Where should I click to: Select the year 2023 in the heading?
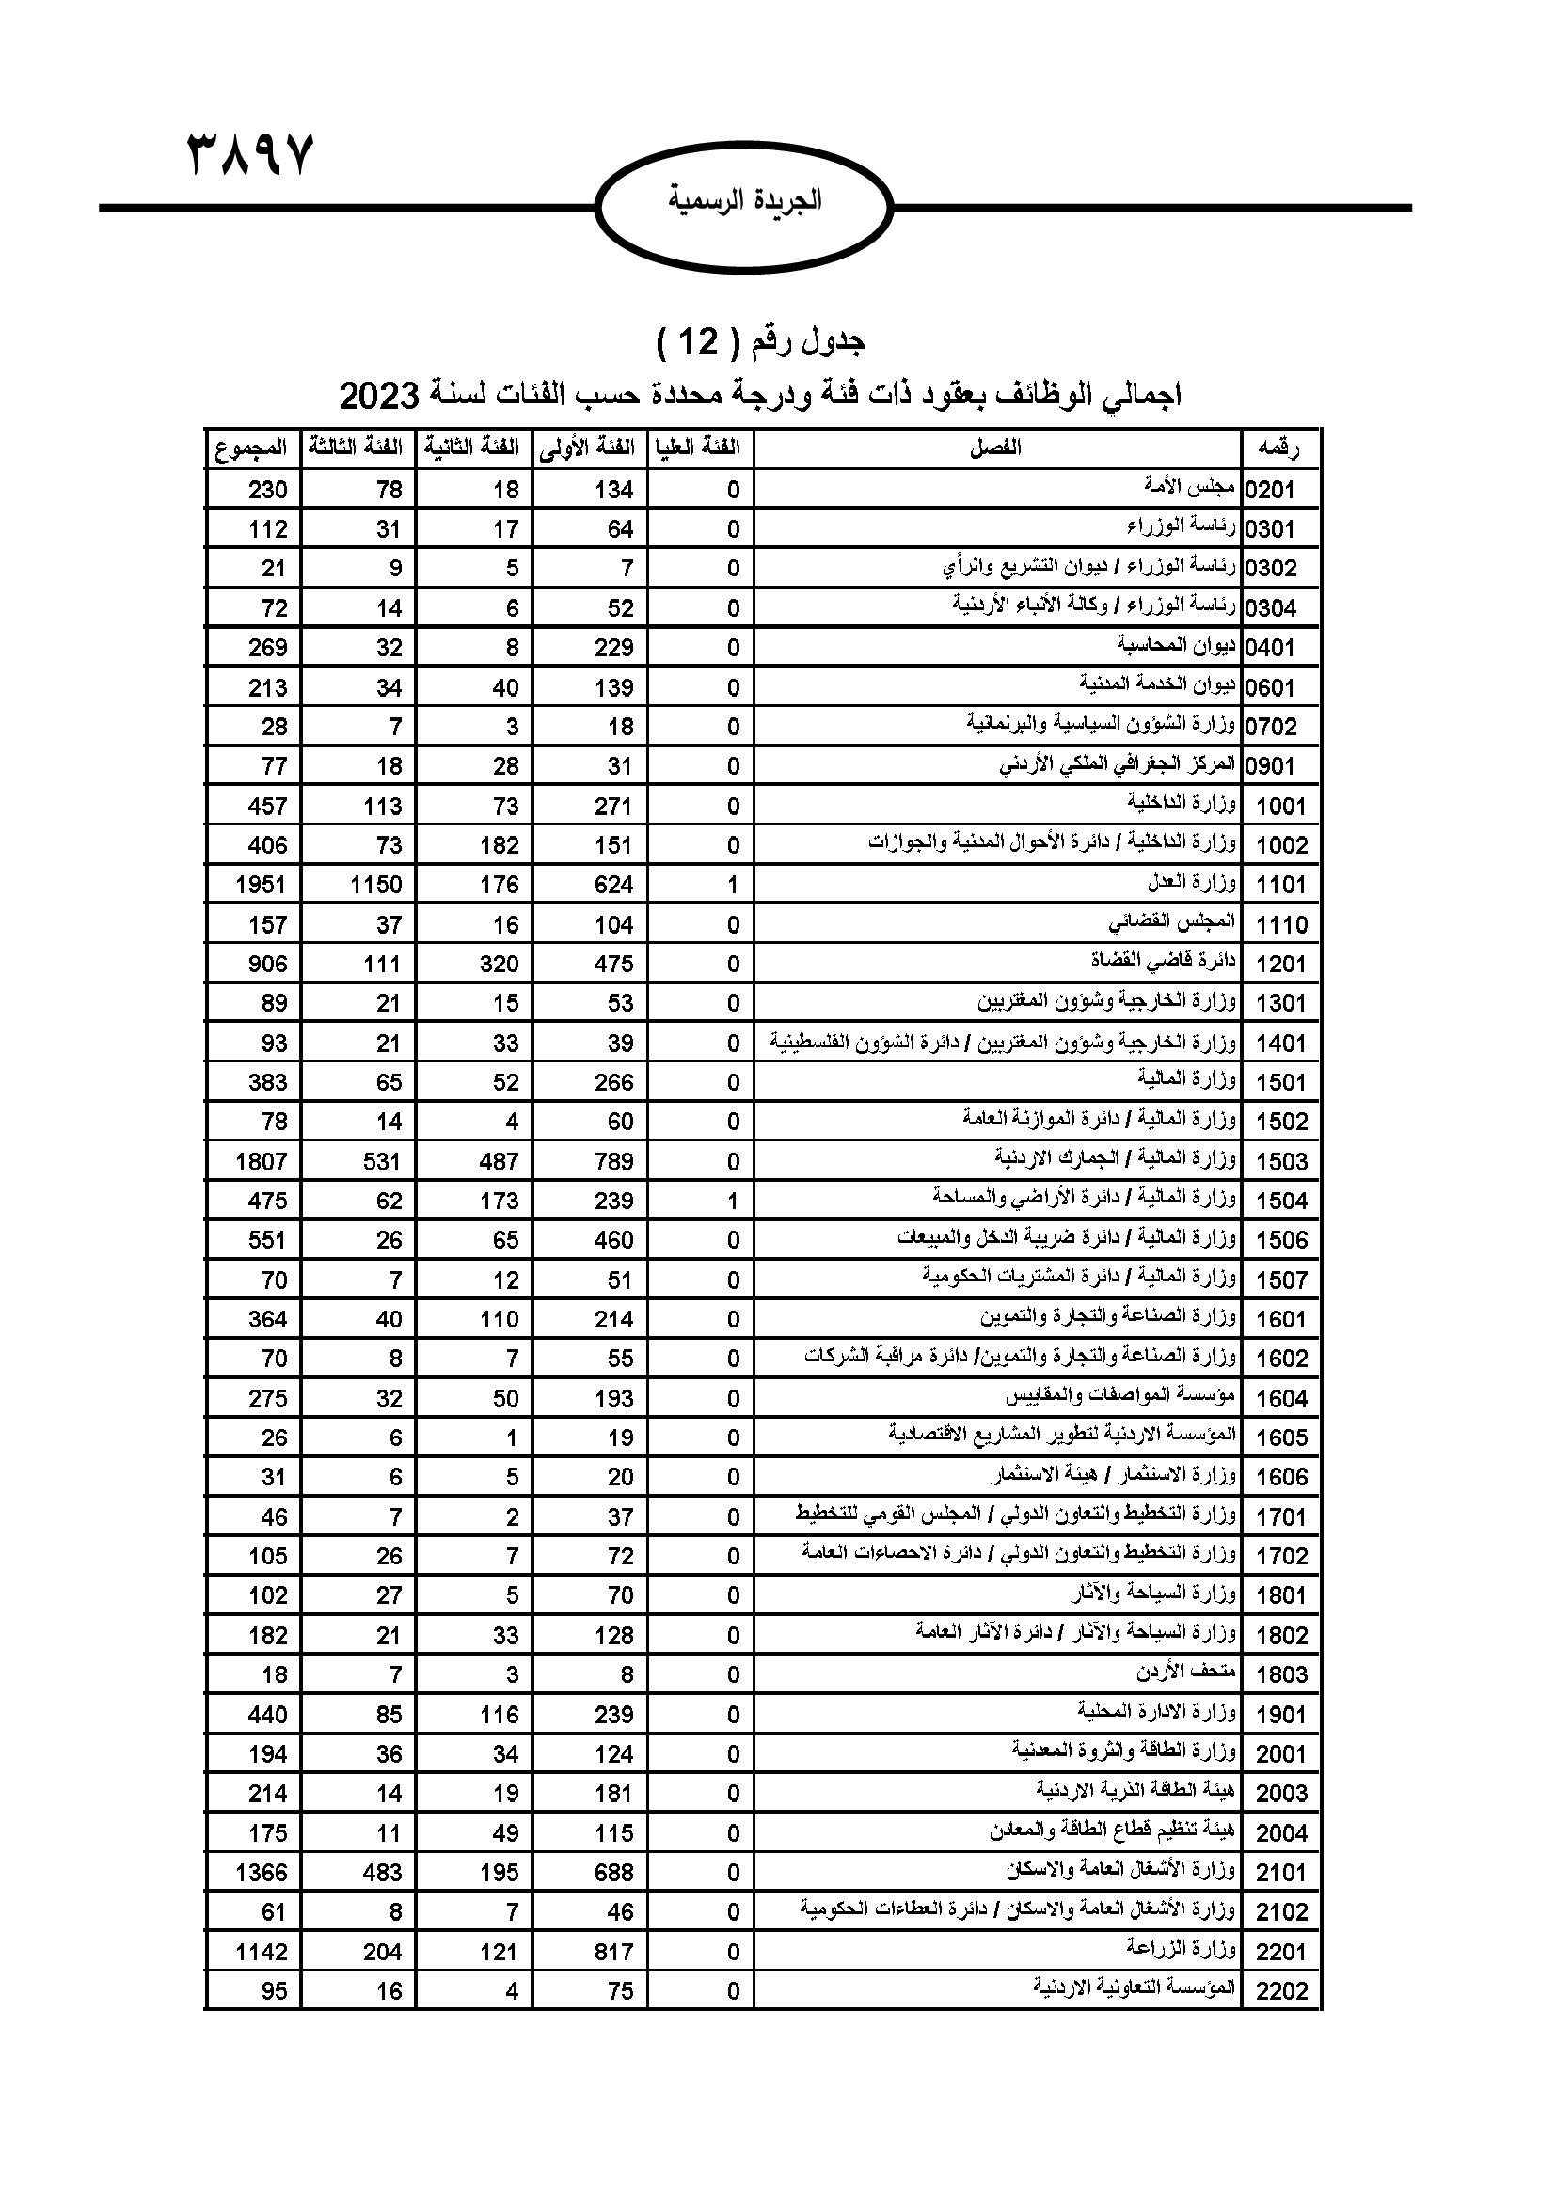click(380, 395)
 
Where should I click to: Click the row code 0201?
click(1281, 491)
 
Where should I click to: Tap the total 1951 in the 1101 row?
click(262, 885)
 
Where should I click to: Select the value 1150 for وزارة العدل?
click(375, 885)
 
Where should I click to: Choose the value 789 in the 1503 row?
click(613, 1162)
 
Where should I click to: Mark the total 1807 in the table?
click(262, 1162)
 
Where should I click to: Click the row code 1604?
click(1281, 1399)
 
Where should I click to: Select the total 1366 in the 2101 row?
click(262, 1873)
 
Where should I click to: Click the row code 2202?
click(1281, 1991)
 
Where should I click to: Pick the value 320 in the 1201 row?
click(500, 965)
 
